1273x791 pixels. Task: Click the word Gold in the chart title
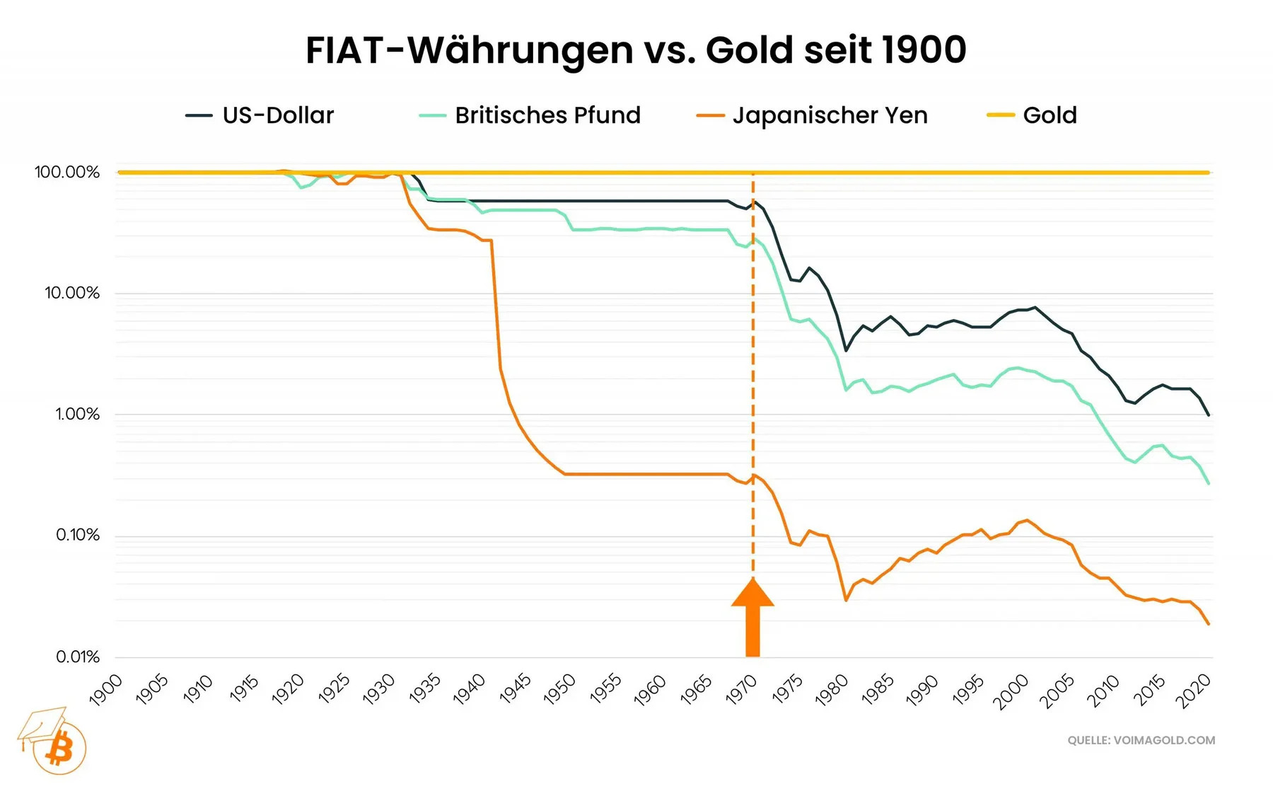tap(749, 50)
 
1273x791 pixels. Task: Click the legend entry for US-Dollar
tap(277, 115)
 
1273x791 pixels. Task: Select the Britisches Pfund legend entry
tap(547, 115)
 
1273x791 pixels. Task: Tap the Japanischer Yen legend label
tap(829, 115)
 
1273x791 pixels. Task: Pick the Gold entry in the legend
tap(1049, 115)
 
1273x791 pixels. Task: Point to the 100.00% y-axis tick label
tap(67, 173)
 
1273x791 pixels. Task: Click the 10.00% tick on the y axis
tap(72, 293)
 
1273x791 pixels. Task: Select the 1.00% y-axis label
tap(77, 414)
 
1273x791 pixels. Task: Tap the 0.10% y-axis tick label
tap(77, 535)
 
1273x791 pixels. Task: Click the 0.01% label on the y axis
tap(77, 657)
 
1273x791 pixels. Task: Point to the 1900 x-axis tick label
tap(106, 690)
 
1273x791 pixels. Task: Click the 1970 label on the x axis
tap(742, 690)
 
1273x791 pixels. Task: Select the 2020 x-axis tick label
tap(1193, 690)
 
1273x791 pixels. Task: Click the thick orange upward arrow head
tap(752, 594)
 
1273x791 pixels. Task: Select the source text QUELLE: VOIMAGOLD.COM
tap(1141, 740)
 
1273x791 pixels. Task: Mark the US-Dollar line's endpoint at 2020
tap(1208, 415)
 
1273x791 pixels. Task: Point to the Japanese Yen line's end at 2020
tap(1208, 623)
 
